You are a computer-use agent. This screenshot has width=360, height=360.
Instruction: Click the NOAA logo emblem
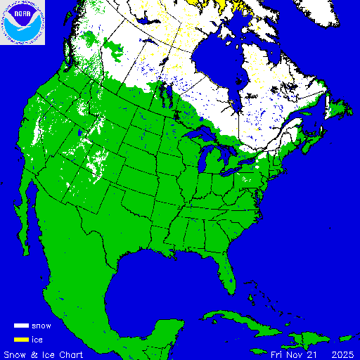coord(22,22)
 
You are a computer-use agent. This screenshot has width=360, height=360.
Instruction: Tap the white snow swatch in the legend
coord(21,326)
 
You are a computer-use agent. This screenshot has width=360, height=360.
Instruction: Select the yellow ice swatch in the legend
coord(21,340)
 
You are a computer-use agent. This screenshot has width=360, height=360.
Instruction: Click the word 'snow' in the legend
coord(42,326)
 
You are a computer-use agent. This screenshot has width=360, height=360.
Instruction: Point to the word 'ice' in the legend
coord(37,340)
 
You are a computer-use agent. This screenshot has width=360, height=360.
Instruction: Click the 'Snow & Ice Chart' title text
coord(44,354)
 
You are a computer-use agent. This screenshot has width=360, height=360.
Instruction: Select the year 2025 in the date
coord(342,354)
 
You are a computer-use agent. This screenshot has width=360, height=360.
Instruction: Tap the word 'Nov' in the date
coord(291,354)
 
